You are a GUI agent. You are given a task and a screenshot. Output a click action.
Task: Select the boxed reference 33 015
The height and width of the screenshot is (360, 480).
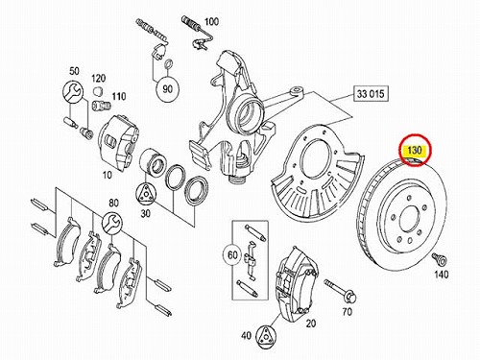tap(371, 93)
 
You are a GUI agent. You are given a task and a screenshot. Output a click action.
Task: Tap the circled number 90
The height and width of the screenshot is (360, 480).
tap(167, 89)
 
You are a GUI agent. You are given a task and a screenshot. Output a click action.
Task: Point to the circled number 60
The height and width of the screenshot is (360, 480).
tap(232, 254)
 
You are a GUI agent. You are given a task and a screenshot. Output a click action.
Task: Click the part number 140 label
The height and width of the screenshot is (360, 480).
tap(441, 275)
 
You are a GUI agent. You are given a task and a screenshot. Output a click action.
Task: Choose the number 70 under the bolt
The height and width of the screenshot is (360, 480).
tap(347, 311)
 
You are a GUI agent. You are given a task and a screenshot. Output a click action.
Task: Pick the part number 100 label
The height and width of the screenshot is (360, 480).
tap(211, 21)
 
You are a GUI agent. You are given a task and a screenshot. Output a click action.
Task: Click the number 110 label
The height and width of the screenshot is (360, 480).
tap(118, 96)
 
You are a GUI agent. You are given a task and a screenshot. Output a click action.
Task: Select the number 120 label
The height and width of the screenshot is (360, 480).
tap(98, 78)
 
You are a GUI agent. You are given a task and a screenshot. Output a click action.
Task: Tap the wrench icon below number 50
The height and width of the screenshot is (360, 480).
tap(73, 91)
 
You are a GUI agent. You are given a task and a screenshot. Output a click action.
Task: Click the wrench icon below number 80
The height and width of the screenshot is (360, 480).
tap(112, 222)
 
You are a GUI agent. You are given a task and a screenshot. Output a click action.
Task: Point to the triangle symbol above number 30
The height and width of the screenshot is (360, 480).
tap(146, 194)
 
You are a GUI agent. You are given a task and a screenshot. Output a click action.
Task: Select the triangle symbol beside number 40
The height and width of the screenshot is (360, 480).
tap(267, 335)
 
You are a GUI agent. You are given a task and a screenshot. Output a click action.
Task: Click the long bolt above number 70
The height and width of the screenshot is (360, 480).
tap(340, 291)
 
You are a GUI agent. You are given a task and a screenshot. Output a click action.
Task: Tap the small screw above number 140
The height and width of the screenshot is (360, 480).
tap(439, 259)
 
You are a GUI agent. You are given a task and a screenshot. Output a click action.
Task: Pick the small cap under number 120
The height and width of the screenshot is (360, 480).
tap(98, 90)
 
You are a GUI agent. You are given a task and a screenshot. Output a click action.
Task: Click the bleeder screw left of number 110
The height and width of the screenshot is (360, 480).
tap(101, 105)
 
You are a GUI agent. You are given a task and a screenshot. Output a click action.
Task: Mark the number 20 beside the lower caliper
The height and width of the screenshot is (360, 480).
tap(310, 324)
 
